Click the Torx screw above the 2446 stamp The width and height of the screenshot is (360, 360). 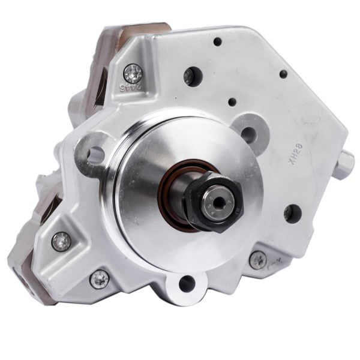click(133, 73)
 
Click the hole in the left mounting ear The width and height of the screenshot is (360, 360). click(95, 155)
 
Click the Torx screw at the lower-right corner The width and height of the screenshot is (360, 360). click(258, 259)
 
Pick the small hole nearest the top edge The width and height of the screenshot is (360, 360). click(217, 42)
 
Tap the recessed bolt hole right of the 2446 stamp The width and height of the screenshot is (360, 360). click(192, 76)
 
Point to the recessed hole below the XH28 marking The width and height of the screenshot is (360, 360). click(292, 212)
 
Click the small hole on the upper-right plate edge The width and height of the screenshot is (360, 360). click(283, 74)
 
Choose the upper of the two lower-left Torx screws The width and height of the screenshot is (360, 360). click(62, 241)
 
